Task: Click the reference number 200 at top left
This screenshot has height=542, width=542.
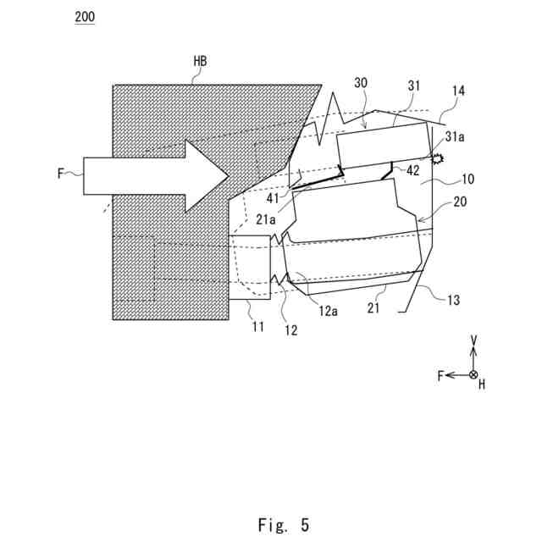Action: [84, 18]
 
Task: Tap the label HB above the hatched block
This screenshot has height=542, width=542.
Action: [200, 62]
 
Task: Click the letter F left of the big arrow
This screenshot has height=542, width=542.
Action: [60, 174]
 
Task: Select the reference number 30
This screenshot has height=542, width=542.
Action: [361, 85]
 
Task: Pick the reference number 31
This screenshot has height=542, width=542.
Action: [413, 86]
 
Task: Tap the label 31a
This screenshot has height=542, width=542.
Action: [454, 136]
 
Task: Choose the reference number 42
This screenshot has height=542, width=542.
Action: [412, 170]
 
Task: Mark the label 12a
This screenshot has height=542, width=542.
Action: [329, 312]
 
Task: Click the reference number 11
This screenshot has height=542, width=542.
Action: [257, 326]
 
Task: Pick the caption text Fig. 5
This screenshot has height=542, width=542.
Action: [284, 525]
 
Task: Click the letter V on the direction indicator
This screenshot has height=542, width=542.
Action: [474, 340]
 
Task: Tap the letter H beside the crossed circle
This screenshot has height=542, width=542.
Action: [482, 384]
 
